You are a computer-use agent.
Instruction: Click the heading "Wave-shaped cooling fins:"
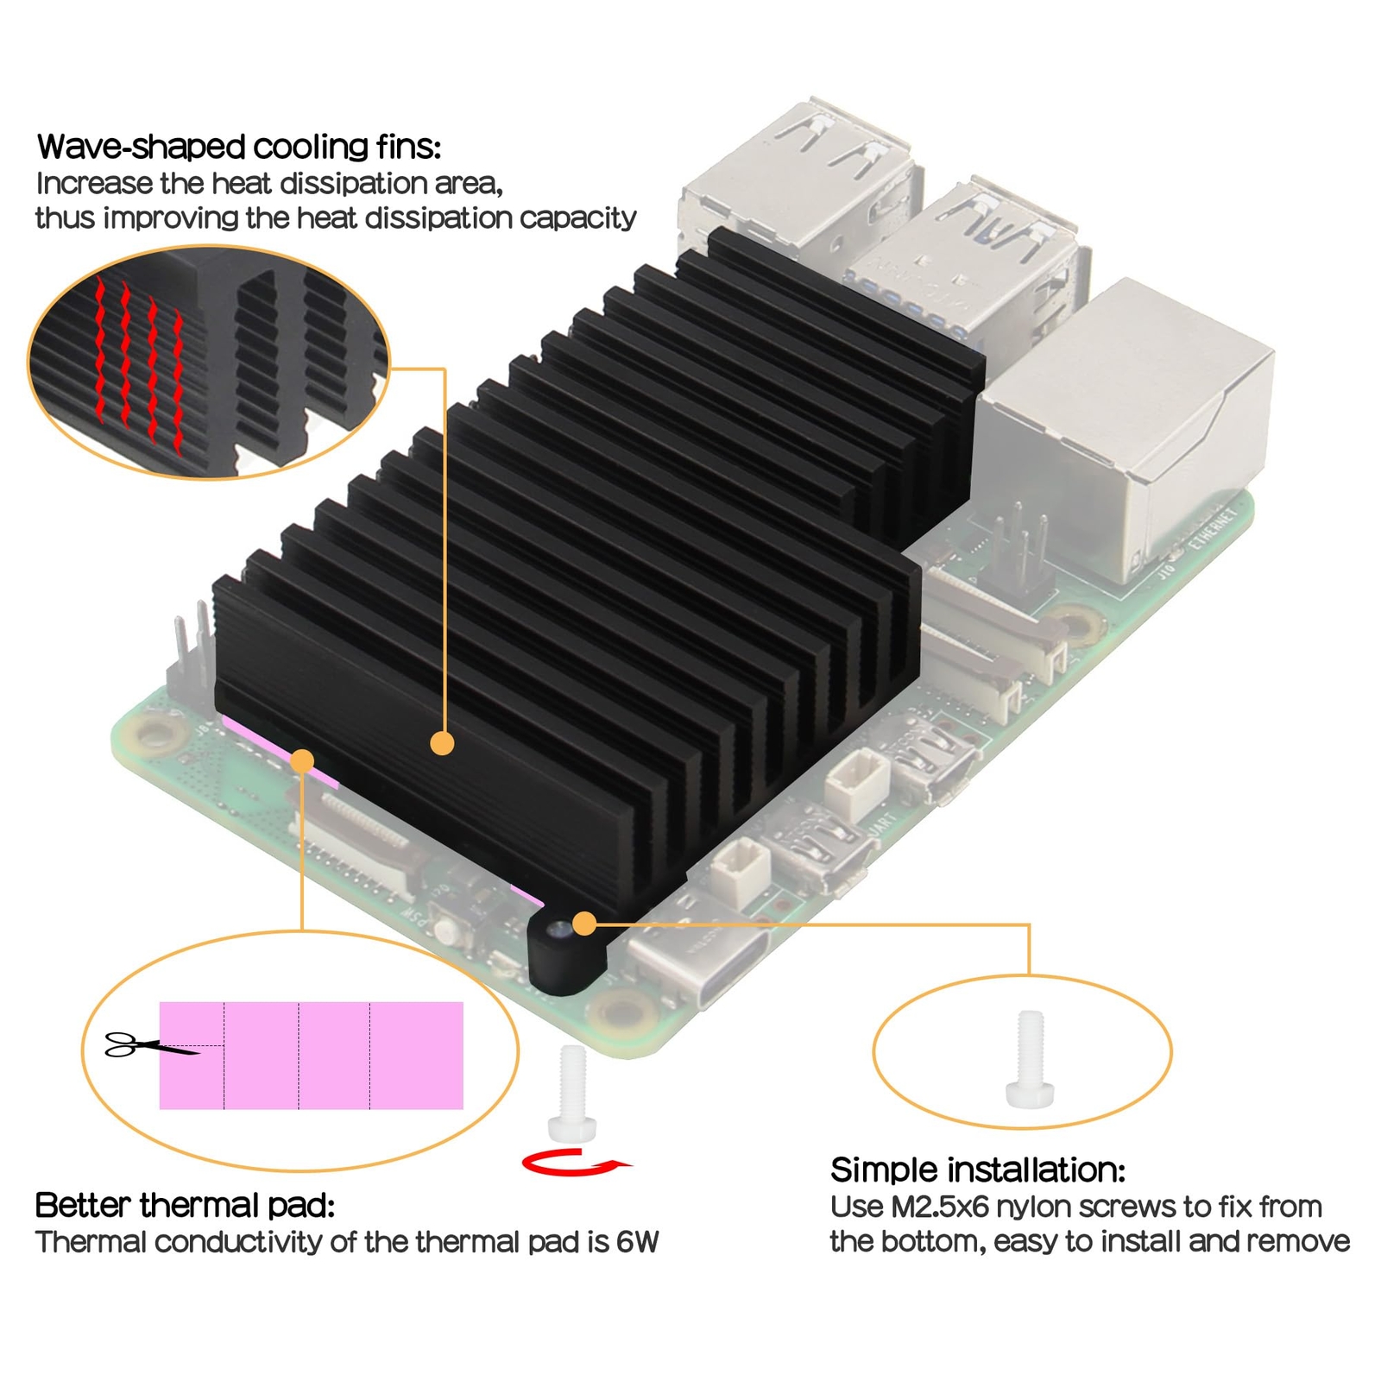[239, 148]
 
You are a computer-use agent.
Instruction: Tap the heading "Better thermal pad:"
[185, 1205]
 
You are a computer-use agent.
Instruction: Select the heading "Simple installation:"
[978, 1170]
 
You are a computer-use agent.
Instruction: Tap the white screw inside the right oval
[1031, 1059]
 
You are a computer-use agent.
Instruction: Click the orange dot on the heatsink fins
[442, 743]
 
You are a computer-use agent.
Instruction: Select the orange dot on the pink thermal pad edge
[302, 761]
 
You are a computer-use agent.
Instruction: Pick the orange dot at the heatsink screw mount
[584, 924]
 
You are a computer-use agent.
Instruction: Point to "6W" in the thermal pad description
[637, 1242]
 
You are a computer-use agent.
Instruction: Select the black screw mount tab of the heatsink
[565, 950]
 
